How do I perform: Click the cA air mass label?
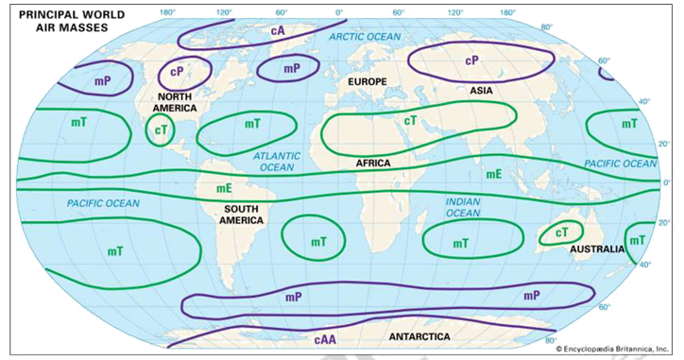click(x=278, y=31)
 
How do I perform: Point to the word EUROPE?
click(x=368, y=83)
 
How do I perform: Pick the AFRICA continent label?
click(x=373, y=163)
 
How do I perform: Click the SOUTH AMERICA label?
click(x=242, y=214)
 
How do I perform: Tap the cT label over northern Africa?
click(x=410, y=121)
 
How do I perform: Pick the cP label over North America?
click(x=177, y=71)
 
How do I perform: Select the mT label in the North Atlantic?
click(x=252, y=124)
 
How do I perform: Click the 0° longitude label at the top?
click(x=339, y=12)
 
